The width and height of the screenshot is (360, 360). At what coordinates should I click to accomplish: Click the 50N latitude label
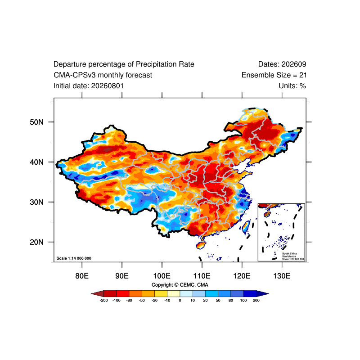[36, 122]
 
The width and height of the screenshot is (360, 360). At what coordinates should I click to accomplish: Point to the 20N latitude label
[36, 242]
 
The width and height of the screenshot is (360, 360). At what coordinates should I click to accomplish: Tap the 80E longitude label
[82, 276]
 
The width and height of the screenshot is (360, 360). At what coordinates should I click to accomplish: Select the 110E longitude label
[202, 276]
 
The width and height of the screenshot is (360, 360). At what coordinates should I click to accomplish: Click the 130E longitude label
[282, 276]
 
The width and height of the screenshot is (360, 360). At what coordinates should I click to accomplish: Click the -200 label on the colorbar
[104, 300]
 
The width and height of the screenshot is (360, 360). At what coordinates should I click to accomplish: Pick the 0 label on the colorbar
[180, 300]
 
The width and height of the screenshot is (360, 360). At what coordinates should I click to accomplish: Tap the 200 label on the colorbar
[256, 300]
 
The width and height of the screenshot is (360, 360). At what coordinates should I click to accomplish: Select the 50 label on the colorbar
[218, 300]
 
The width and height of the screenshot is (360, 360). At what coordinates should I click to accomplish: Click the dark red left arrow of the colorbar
[98, 293]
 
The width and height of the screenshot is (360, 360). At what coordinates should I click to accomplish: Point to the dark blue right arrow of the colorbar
[262, 293]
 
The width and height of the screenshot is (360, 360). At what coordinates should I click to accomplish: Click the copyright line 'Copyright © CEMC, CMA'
[180, 285]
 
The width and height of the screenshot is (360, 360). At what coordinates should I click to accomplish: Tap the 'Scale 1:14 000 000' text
[74, 258]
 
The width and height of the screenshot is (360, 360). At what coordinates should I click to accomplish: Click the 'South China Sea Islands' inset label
[289, 255]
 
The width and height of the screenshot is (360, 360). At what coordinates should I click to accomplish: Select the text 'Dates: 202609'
[282, 64]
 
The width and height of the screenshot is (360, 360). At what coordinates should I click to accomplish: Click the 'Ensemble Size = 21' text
[274, 75]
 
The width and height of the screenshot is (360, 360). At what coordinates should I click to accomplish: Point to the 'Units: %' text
[292, 86]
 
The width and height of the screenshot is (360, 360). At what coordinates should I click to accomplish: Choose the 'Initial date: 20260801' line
[89, 86]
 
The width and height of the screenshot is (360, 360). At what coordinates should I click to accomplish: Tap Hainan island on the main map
[201, 245]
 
